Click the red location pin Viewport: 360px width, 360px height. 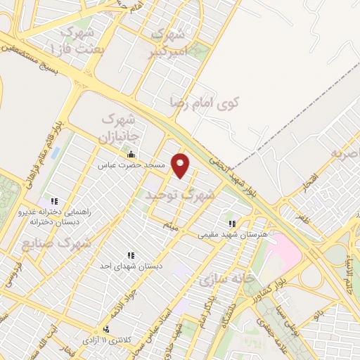(181, 165)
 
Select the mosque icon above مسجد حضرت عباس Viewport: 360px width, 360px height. (131, 155)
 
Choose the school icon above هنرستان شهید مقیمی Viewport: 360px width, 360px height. (233, 224)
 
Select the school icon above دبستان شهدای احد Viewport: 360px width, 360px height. (130, 255)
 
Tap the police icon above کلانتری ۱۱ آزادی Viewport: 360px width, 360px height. (106, 329)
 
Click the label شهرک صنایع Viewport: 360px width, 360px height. (67, 243)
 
